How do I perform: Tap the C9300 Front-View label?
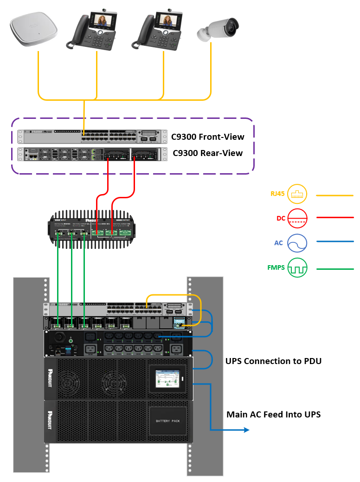pyautogui.click(x=207, y=137)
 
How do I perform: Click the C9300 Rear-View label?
pyautogui.click(x=207, y=153)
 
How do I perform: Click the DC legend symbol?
pyautogui.click(x=297, y=218)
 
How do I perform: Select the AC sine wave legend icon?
pyautogui.click(x=297, y=242)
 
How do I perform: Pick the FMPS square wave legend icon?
pyautogui.click(x=297, y=268)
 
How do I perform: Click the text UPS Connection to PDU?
pyautogui.click(x=273, y=361)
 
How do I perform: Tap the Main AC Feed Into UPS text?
pyautogui.click(x=273, y=414)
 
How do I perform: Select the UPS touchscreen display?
pyautogui.click(x=166, y=377)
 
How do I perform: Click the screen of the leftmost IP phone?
pyautogui.click(x=106, y=20)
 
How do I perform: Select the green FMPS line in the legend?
pyautogui.click(x=334, y=268)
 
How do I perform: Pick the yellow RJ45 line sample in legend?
pyautogui.click(x=334, y=195)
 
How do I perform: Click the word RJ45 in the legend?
pyautogui.click(x=277, y=194)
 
